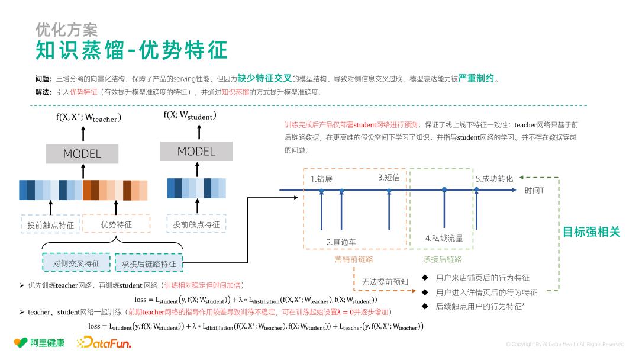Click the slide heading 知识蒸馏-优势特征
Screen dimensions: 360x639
(131, 51)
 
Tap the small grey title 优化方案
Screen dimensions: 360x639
(66, 29)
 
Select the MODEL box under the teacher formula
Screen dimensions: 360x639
(82, 153)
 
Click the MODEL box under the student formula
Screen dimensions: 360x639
(196, 151)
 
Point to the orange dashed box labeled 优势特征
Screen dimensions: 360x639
(116, 224)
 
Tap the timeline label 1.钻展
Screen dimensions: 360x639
(322, 179)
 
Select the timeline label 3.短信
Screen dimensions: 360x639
(389, 177)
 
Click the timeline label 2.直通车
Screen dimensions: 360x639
(341, 242)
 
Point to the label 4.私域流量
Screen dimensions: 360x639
(444, 238)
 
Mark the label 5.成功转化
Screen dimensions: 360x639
(494, 178)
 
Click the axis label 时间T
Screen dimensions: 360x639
(534, 190)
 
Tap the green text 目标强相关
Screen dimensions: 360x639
(591, 232)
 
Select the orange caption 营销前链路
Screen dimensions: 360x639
(354, 259)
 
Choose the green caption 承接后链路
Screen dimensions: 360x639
(442, 259)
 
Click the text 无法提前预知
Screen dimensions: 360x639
(385, 282)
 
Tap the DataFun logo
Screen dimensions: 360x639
(104, 342)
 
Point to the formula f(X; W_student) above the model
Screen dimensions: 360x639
(189, 115)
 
